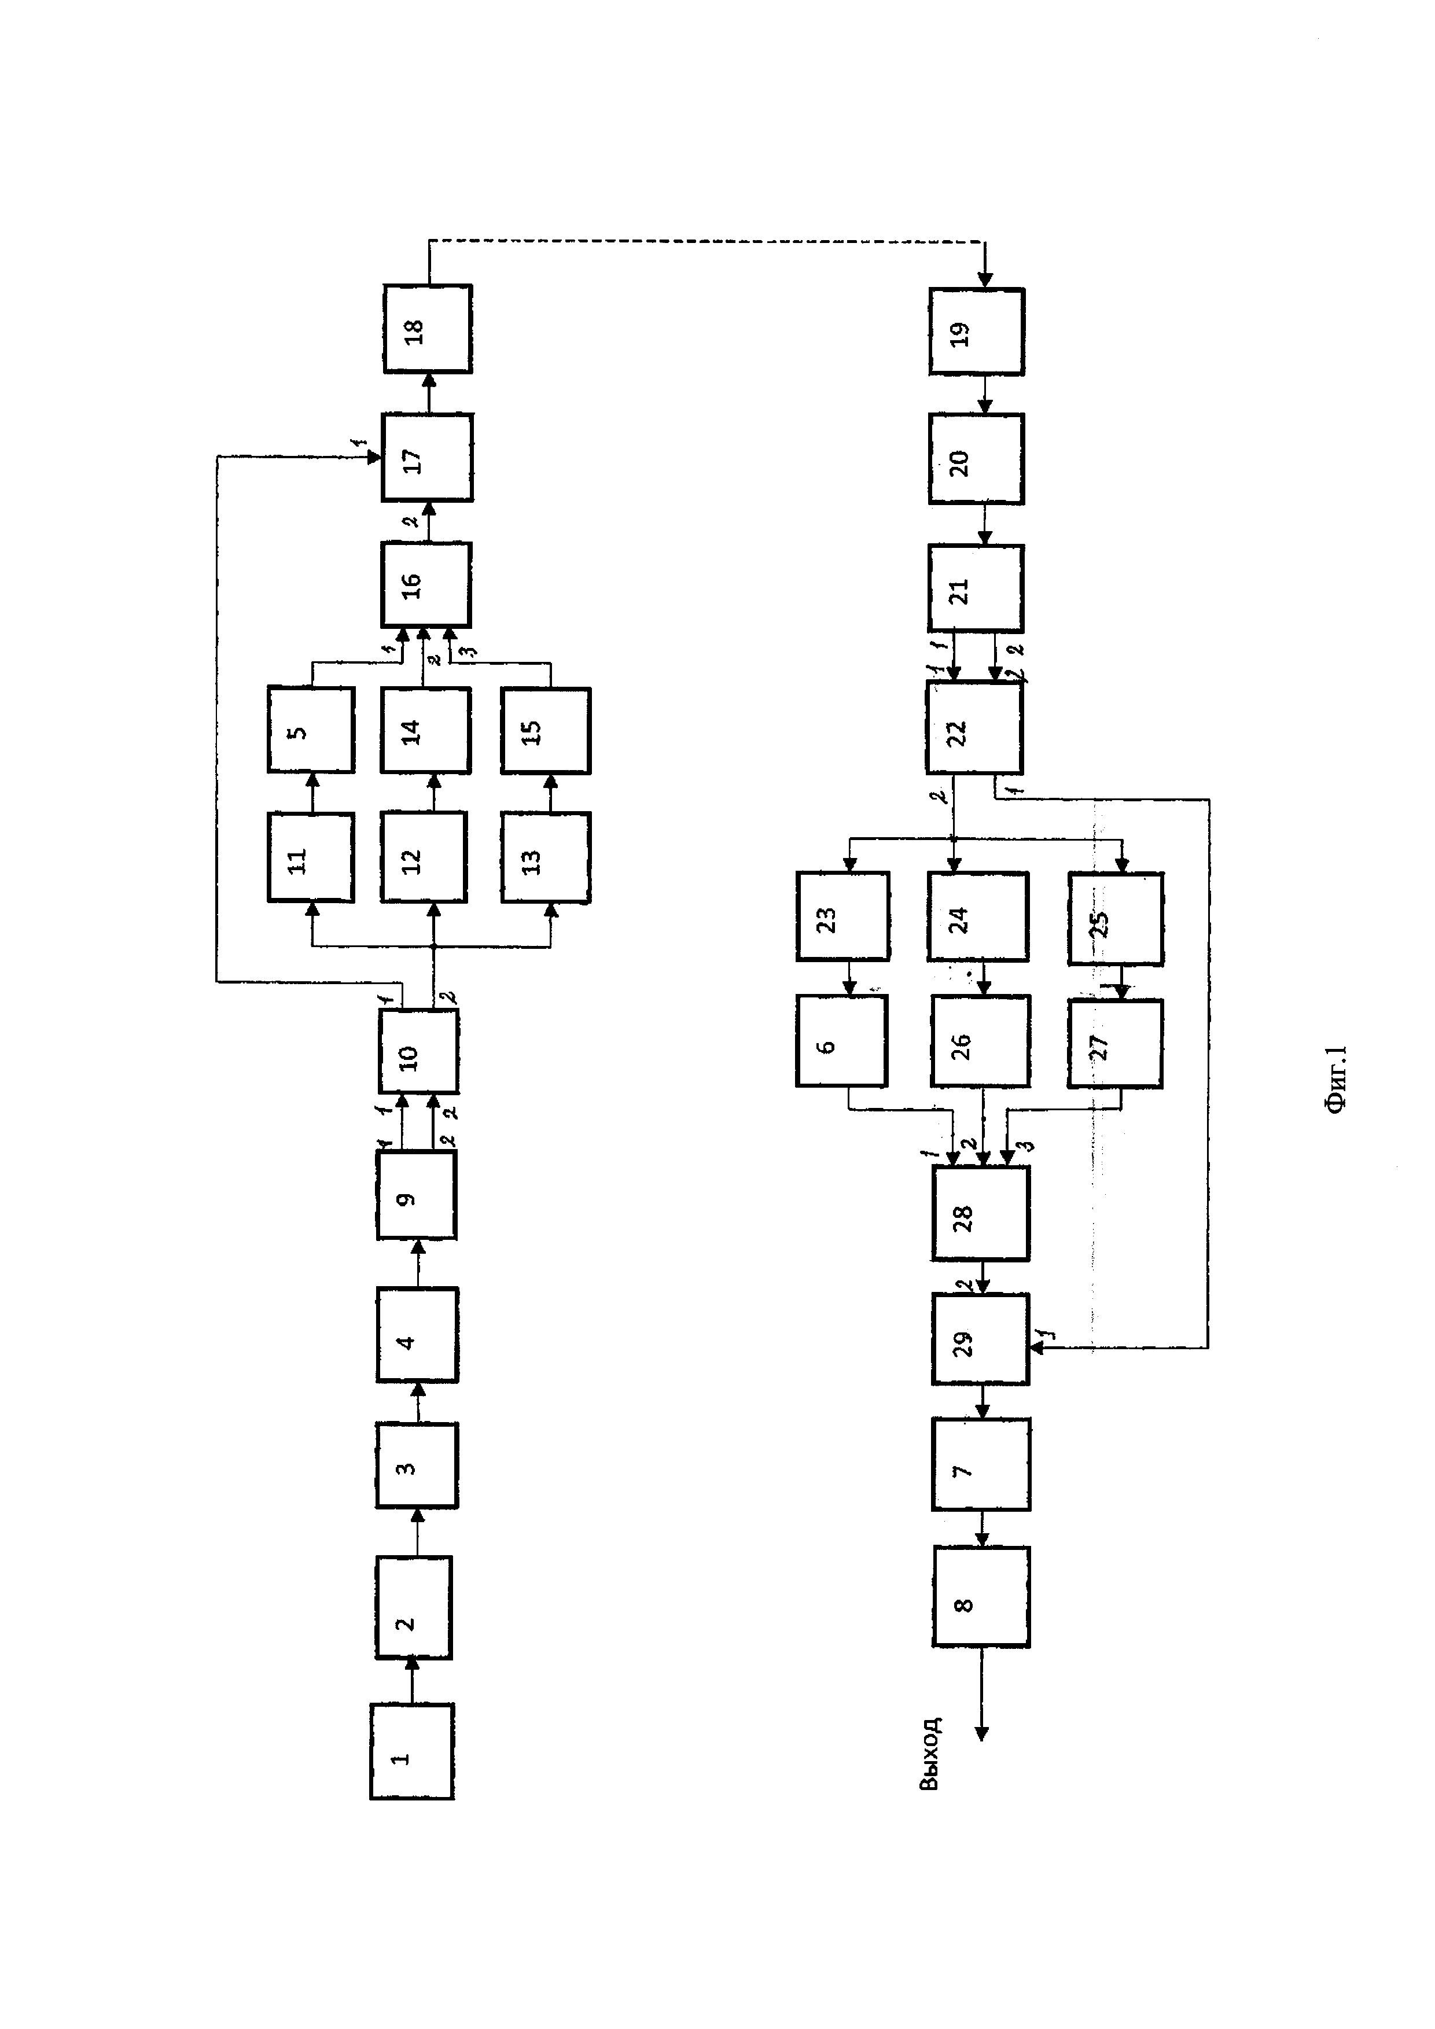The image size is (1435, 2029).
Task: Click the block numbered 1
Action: point(412,1751)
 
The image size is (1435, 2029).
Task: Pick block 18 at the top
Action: point(428,329)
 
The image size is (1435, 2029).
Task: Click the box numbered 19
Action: point(976,332)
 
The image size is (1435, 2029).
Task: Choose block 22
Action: point(974,729)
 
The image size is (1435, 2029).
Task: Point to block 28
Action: point(980,1213)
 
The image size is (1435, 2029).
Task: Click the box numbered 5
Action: point(311,730)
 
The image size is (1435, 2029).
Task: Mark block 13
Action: point(545,858)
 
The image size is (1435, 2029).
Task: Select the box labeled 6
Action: point(841,1040)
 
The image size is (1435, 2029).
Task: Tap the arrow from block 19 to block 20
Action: point(986,394)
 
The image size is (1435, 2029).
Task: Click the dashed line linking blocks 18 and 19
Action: point(707,240)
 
